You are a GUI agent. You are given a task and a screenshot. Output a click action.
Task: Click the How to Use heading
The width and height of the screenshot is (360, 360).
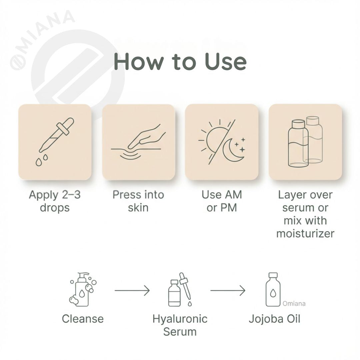point(180,61)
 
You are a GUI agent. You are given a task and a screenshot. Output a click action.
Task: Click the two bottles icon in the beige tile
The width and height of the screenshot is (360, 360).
point(305,143)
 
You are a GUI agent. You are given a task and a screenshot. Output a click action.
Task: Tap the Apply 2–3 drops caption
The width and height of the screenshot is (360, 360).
point(55,201)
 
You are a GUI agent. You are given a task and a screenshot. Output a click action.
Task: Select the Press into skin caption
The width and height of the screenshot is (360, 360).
point(138,201)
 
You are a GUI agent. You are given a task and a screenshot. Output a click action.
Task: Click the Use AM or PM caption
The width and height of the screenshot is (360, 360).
point(221,201)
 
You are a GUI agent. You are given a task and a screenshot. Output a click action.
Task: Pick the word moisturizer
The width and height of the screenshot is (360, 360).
point(305,233)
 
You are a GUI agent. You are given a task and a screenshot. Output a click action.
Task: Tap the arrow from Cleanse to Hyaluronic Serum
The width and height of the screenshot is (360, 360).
point(132,291)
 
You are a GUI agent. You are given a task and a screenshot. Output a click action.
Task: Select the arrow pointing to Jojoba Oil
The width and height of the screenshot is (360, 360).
point(228,291)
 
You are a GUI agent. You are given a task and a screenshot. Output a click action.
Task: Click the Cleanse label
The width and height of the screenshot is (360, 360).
point(83,319)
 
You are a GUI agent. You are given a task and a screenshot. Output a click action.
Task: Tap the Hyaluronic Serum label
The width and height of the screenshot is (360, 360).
point(180,325)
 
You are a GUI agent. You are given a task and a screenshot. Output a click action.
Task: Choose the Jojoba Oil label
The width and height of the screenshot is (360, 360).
point(274,319)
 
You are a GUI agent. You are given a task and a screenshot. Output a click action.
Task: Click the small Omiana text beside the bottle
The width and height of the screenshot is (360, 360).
point(294,304)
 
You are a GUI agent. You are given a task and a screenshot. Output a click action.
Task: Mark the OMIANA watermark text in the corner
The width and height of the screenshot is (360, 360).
point(42,40)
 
